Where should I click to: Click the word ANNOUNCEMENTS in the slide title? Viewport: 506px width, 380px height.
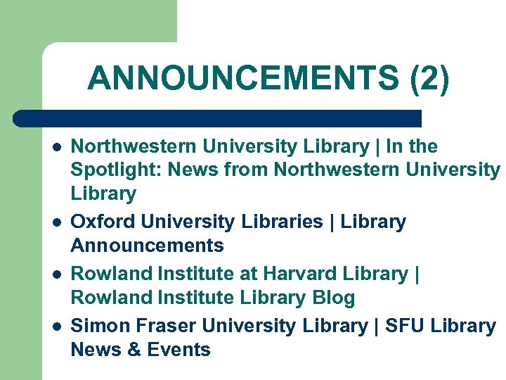tap(243, 78)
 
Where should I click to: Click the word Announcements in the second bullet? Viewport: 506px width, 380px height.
tap(148, 246)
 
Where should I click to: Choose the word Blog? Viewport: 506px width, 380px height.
tap(330, 298)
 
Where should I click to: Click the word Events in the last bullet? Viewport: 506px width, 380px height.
tap(179, 350)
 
